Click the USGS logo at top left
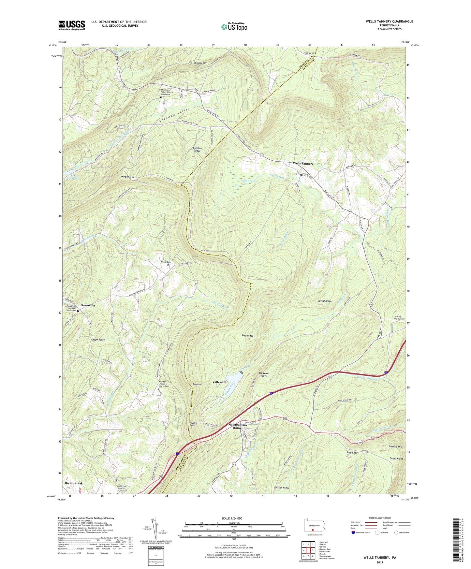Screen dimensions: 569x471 [72, 25]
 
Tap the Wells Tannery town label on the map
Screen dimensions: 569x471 [303, 164]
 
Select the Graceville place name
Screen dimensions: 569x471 [88, 305]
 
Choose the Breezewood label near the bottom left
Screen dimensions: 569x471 [73, 483]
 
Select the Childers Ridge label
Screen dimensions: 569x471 [198, 150]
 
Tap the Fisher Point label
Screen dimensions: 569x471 [396, 459]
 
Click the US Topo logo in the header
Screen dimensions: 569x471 [234, 27]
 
